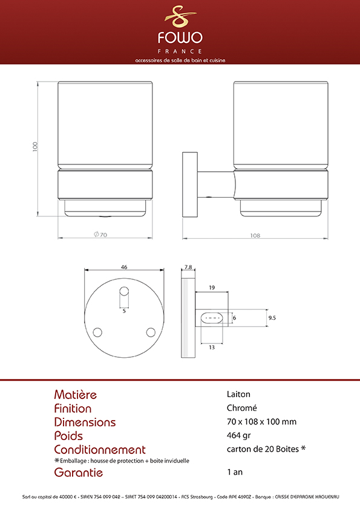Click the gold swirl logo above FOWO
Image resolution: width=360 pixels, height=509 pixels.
click(180, 16)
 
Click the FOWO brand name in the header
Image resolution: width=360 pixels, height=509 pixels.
click(180, 37)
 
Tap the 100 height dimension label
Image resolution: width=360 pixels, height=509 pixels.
click(35, 146)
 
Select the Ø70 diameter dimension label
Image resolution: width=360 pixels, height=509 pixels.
click(100, 235)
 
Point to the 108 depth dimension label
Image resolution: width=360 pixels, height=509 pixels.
click(255, 235)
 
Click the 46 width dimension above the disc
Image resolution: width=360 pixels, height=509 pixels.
click(124, 267)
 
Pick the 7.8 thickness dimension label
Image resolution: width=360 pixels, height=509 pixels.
click(188, 267)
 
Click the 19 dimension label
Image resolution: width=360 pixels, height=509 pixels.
click(212, 287)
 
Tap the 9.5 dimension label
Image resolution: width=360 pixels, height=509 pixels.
click(272, 318)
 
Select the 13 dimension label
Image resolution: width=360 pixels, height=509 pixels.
click(212, 348)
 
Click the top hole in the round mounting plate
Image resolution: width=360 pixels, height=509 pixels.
click(124, 291)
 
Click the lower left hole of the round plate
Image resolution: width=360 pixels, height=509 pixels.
click(97, 332)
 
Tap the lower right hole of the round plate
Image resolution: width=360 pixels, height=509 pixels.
click(151, 332)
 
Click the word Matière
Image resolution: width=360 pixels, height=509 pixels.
click(76, 394)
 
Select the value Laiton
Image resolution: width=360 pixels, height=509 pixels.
click(238, 394)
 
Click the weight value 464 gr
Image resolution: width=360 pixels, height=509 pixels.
click(239, 435)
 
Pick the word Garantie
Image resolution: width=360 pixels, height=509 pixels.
click(78, 472)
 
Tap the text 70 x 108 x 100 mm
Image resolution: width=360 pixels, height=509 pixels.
click(261, 422)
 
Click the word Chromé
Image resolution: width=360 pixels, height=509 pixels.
click(242, 407)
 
